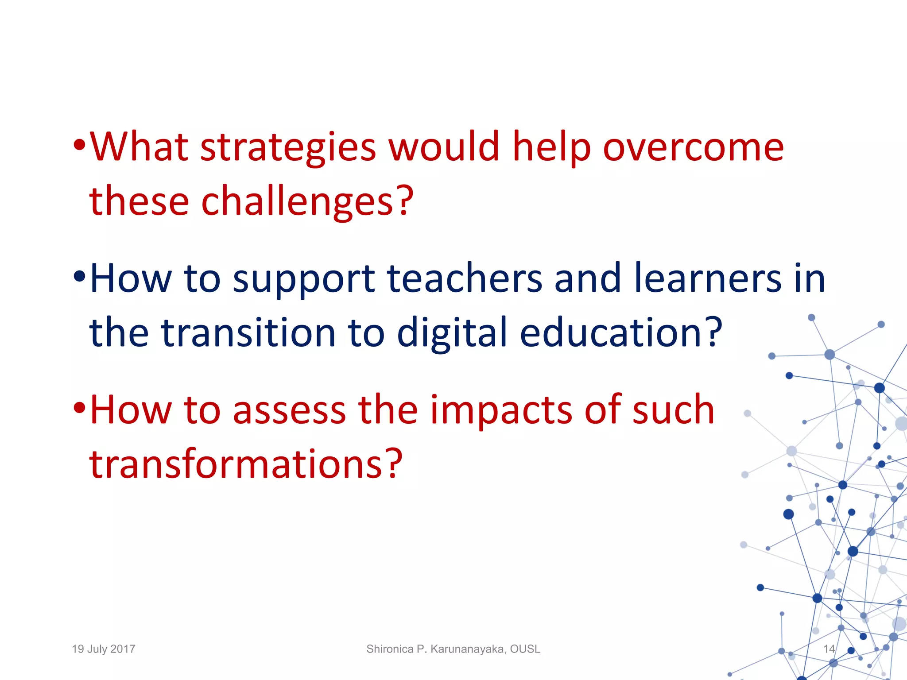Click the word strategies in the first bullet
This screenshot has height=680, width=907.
(x=288, y=148)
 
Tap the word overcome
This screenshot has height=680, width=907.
(x=693, y=148)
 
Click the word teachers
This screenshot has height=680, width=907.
(x=465, y=279)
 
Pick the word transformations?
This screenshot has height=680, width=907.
(x=246, y=464)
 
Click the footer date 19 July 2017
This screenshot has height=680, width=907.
(x=104, y=649)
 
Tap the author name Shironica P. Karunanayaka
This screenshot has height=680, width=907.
(x=436, y=649)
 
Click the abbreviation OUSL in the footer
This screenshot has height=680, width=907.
(x=525, y=649)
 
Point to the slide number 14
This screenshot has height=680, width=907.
(x=829, y=649)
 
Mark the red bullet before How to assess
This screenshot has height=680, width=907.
(x=79, y=407)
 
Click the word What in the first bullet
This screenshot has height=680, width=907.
(x=139, y=148)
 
